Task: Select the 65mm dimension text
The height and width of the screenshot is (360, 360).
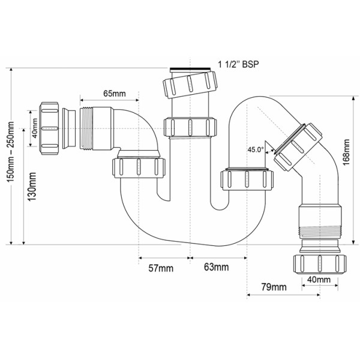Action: (115, 94)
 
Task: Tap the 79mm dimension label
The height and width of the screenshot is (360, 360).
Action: (271, 288)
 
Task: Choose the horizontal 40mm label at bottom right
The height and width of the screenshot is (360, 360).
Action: (319, 279)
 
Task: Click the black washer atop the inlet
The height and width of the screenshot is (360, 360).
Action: (190, 70)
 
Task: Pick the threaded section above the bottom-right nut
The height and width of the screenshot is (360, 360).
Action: (319, 230)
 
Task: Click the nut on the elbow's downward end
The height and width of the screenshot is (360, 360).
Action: (139, 166)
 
